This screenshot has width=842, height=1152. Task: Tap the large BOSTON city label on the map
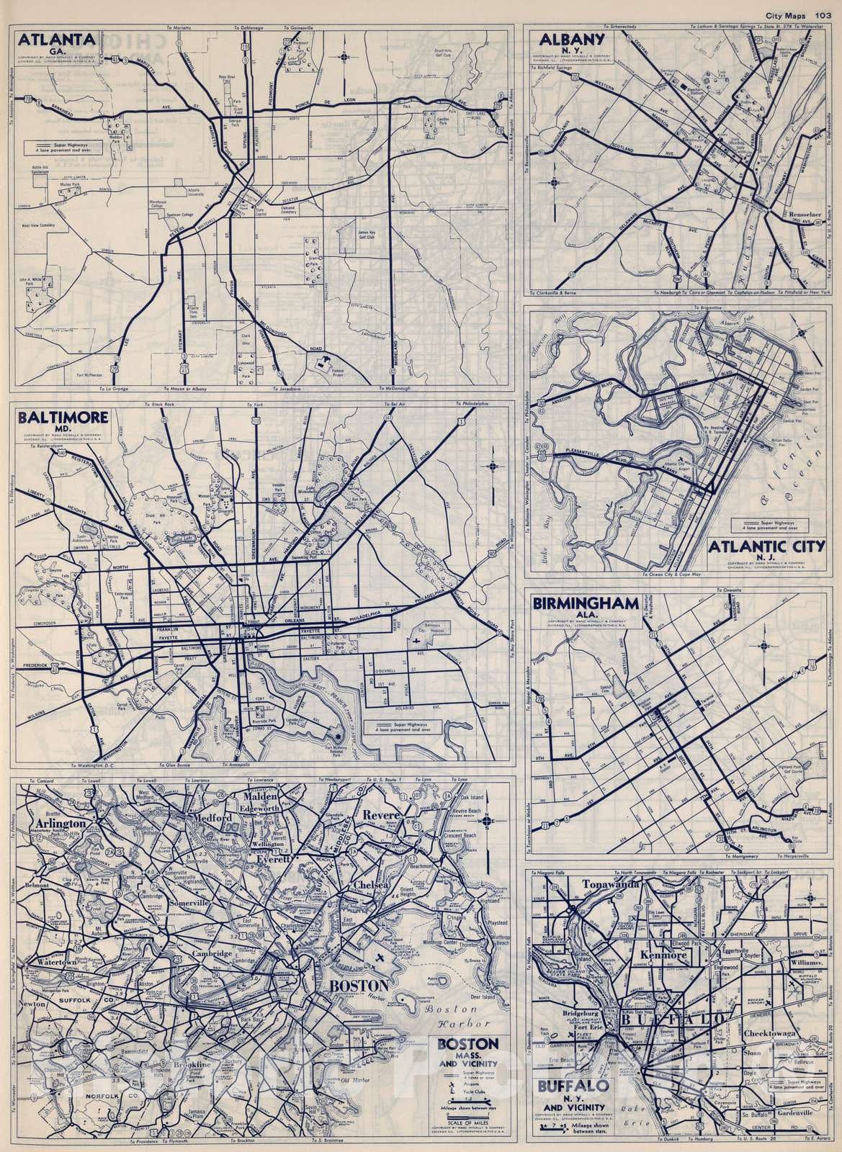[359, 985]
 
